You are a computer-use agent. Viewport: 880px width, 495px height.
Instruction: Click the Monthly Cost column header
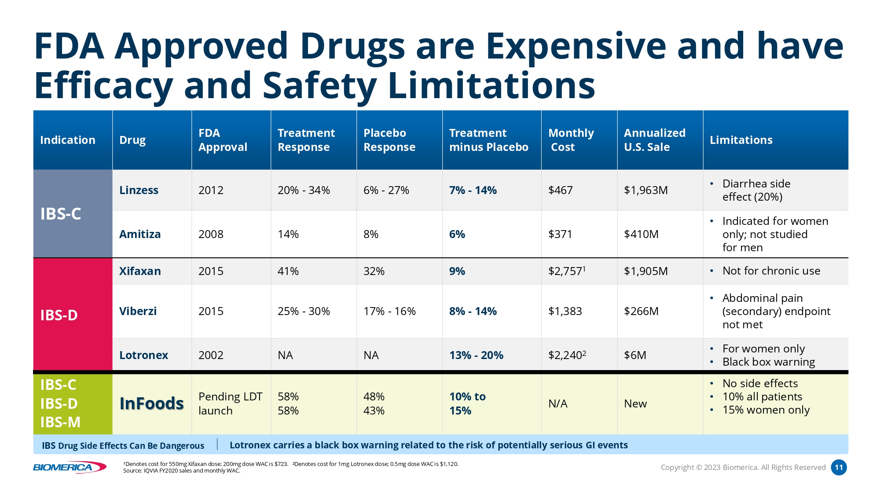[x=571, y=140]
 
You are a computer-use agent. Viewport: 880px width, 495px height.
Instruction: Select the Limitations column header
[x=741, y=140]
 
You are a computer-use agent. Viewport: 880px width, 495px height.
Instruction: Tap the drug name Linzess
[x=139, y=190]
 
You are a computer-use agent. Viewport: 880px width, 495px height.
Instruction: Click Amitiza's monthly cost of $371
[x=560, y=234]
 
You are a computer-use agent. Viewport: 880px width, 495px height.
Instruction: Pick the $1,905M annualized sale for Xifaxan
[x=645, y=271]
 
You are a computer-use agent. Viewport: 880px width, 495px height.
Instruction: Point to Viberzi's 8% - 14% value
[x=473, y=311]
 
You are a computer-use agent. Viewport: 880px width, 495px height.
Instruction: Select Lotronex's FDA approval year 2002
[x=211, y=355]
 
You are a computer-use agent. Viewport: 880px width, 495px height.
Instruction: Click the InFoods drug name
[x=151, y=403]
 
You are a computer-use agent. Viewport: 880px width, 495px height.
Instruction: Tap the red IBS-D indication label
[x=59, y=315]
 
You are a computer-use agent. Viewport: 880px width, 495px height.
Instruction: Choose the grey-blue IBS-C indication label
[x=61, y=214]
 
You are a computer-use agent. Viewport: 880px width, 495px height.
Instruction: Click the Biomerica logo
[x=70, y=467]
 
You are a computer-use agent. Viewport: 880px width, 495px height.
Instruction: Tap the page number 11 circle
[x=839, y=467]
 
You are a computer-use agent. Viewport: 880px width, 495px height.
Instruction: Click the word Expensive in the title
[x=576, y=46]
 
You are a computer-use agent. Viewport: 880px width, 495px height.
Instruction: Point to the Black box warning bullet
[x=768, y=362]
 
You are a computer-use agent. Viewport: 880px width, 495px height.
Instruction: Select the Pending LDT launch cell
[x=230, y=403]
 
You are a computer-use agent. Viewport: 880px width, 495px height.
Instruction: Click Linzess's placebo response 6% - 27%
[x=386, y=190]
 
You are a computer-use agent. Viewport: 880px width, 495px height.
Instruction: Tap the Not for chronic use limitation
[x=771, y=271]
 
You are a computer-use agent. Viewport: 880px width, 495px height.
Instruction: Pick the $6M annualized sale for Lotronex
[x=635, y=355]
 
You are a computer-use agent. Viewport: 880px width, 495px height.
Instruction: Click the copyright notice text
[x=743, y=467]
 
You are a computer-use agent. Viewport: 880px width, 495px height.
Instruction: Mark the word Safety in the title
[x=319, y=85]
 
